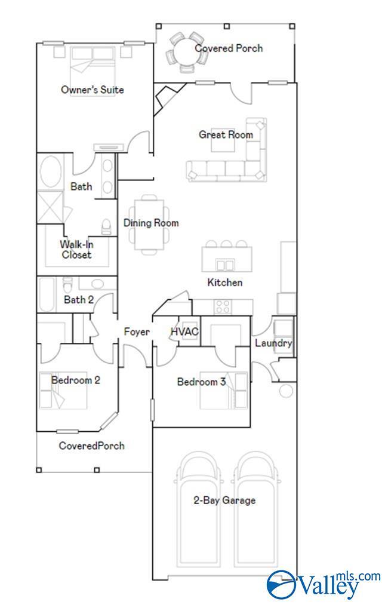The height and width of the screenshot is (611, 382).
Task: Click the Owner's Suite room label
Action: (93, 90)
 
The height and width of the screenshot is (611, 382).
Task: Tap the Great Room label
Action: (226, 135)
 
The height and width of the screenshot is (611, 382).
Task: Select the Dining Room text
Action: (151, 223)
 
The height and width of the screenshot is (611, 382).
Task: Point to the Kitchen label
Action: (225, 283)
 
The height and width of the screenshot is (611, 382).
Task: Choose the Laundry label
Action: (273, 343)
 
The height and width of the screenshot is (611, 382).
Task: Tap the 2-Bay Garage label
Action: (224, 501)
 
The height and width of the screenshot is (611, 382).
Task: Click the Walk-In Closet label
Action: (76, 250)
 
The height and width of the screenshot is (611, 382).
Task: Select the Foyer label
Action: (137, 332)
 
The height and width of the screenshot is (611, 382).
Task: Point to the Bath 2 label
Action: (79, 300)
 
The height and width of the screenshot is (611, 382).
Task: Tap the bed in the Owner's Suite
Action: (93, 60)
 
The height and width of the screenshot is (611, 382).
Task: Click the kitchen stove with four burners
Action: (223, 307)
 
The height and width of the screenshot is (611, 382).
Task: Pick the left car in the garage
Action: (199, 514)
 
